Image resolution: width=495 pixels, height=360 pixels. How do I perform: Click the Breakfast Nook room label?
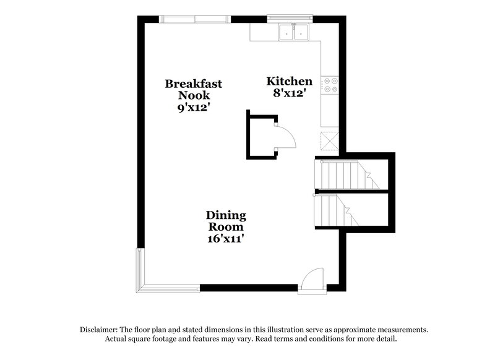point(194,89)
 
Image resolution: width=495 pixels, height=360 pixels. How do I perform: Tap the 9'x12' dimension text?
point(194,106)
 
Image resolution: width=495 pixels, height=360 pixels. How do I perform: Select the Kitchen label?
point(289,81)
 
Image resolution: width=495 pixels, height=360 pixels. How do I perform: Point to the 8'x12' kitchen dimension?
point(289,93)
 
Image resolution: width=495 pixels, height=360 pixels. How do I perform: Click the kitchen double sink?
point(293,32)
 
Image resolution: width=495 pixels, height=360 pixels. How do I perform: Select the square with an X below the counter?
point(330,140)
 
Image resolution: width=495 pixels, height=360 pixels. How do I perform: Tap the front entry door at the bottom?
point(312,281)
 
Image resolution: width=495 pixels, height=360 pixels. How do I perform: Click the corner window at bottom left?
point(142,272)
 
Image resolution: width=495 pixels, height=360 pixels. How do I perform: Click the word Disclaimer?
point(99,330)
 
